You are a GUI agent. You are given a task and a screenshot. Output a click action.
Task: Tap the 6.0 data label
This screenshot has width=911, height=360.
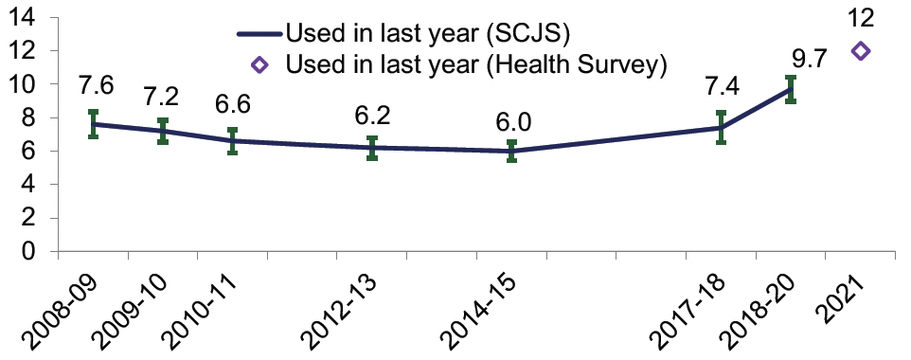click(x=511, y=125)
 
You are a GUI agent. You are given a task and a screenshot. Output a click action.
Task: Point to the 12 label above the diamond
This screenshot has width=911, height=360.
click(x=861, y=17)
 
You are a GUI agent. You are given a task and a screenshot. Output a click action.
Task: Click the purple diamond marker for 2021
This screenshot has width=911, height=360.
click(x=861, y=51)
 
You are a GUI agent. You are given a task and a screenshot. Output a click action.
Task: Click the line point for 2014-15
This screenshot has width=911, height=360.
click(x=511, y=152)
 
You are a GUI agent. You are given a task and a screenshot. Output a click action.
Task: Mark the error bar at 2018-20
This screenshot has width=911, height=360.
click(x=791, y=90)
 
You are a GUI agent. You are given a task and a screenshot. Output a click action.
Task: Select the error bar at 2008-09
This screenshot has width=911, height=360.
click(x=93, y=124)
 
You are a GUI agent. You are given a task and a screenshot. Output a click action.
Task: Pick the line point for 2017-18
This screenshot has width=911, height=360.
click(x=721, y=127)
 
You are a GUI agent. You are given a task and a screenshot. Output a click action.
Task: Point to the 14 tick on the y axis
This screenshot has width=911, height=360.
click(x=25, y=16)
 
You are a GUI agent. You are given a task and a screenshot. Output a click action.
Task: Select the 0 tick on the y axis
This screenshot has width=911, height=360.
click(x=30, y=252)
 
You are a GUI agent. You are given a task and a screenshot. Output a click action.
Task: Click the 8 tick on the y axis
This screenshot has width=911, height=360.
click(x=30, y=117)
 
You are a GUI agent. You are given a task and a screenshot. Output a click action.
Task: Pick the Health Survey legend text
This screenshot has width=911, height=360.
click(x=478, y=65)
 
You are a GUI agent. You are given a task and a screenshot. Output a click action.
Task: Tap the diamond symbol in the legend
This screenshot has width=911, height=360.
click(x=262, y=65)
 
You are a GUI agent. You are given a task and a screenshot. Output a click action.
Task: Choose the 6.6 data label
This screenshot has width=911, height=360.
click(x=232, y=103)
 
